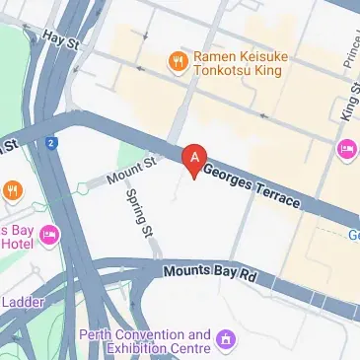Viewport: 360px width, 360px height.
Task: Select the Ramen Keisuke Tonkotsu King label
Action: pos(242,63)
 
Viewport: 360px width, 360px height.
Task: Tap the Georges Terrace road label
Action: pos(252,185)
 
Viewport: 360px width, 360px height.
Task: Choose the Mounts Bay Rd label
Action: pos(209,273)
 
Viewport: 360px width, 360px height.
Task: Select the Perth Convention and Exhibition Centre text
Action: pos(145,341)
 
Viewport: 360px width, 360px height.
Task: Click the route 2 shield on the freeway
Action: pos(50,143)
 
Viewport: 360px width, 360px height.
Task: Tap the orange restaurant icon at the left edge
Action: pos(12,188)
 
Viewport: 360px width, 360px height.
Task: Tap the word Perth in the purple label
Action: pos(101,334)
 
